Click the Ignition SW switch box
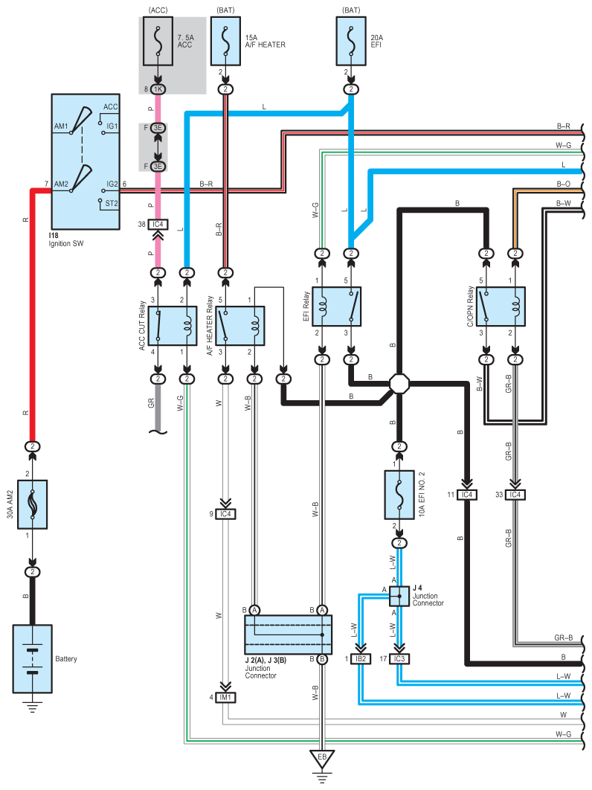(86, 161)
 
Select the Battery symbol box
(32, 658)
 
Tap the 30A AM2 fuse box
(32, 504)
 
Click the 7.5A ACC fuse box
(158, 42)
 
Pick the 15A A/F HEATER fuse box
(225, 42)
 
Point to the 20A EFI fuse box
(351, 42)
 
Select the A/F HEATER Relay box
(240, 326)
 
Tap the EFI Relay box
(337, 306)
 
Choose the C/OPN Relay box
(501, 306)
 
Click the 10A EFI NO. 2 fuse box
(399, 495)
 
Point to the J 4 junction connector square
(399, 597)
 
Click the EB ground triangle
(322, 759)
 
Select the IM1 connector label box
(225, 697)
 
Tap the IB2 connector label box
(361, 658)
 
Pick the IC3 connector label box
(399, 658)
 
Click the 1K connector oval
(158, 89)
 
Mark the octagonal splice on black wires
(399, 383)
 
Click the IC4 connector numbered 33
(515, 495)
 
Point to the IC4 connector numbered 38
(158, 224)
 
